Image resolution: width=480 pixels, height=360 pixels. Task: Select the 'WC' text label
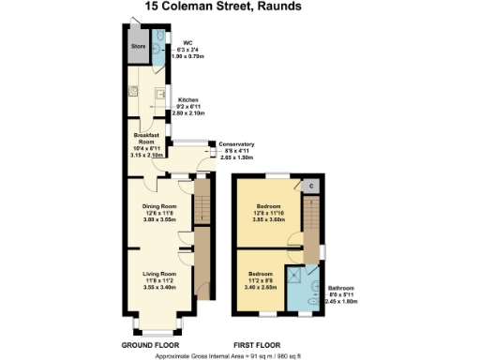[187, 42]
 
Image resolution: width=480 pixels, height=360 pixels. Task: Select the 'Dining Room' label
[158, 206]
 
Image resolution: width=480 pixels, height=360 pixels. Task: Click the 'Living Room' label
[158, 274]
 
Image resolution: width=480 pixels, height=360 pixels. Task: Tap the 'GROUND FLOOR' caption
[151, 345]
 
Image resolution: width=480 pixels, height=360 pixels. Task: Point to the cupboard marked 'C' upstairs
[309, 185]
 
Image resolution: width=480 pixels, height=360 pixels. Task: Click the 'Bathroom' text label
[342, 288]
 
